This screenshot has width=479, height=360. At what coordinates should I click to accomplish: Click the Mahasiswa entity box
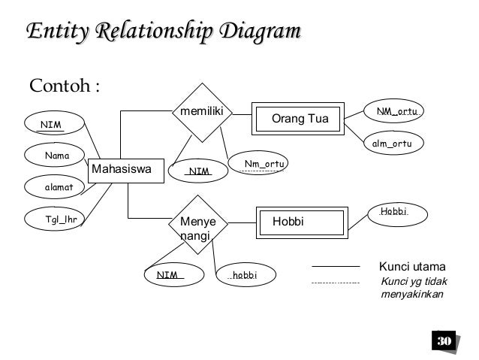[119, 171]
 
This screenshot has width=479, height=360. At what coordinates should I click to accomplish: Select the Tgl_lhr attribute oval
[63, 219]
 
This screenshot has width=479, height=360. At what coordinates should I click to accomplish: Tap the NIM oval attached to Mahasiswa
[54, 123]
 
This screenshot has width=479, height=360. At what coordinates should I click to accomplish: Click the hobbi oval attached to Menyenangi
[245, 275]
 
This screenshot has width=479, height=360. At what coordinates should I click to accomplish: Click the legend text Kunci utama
[412, 267]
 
